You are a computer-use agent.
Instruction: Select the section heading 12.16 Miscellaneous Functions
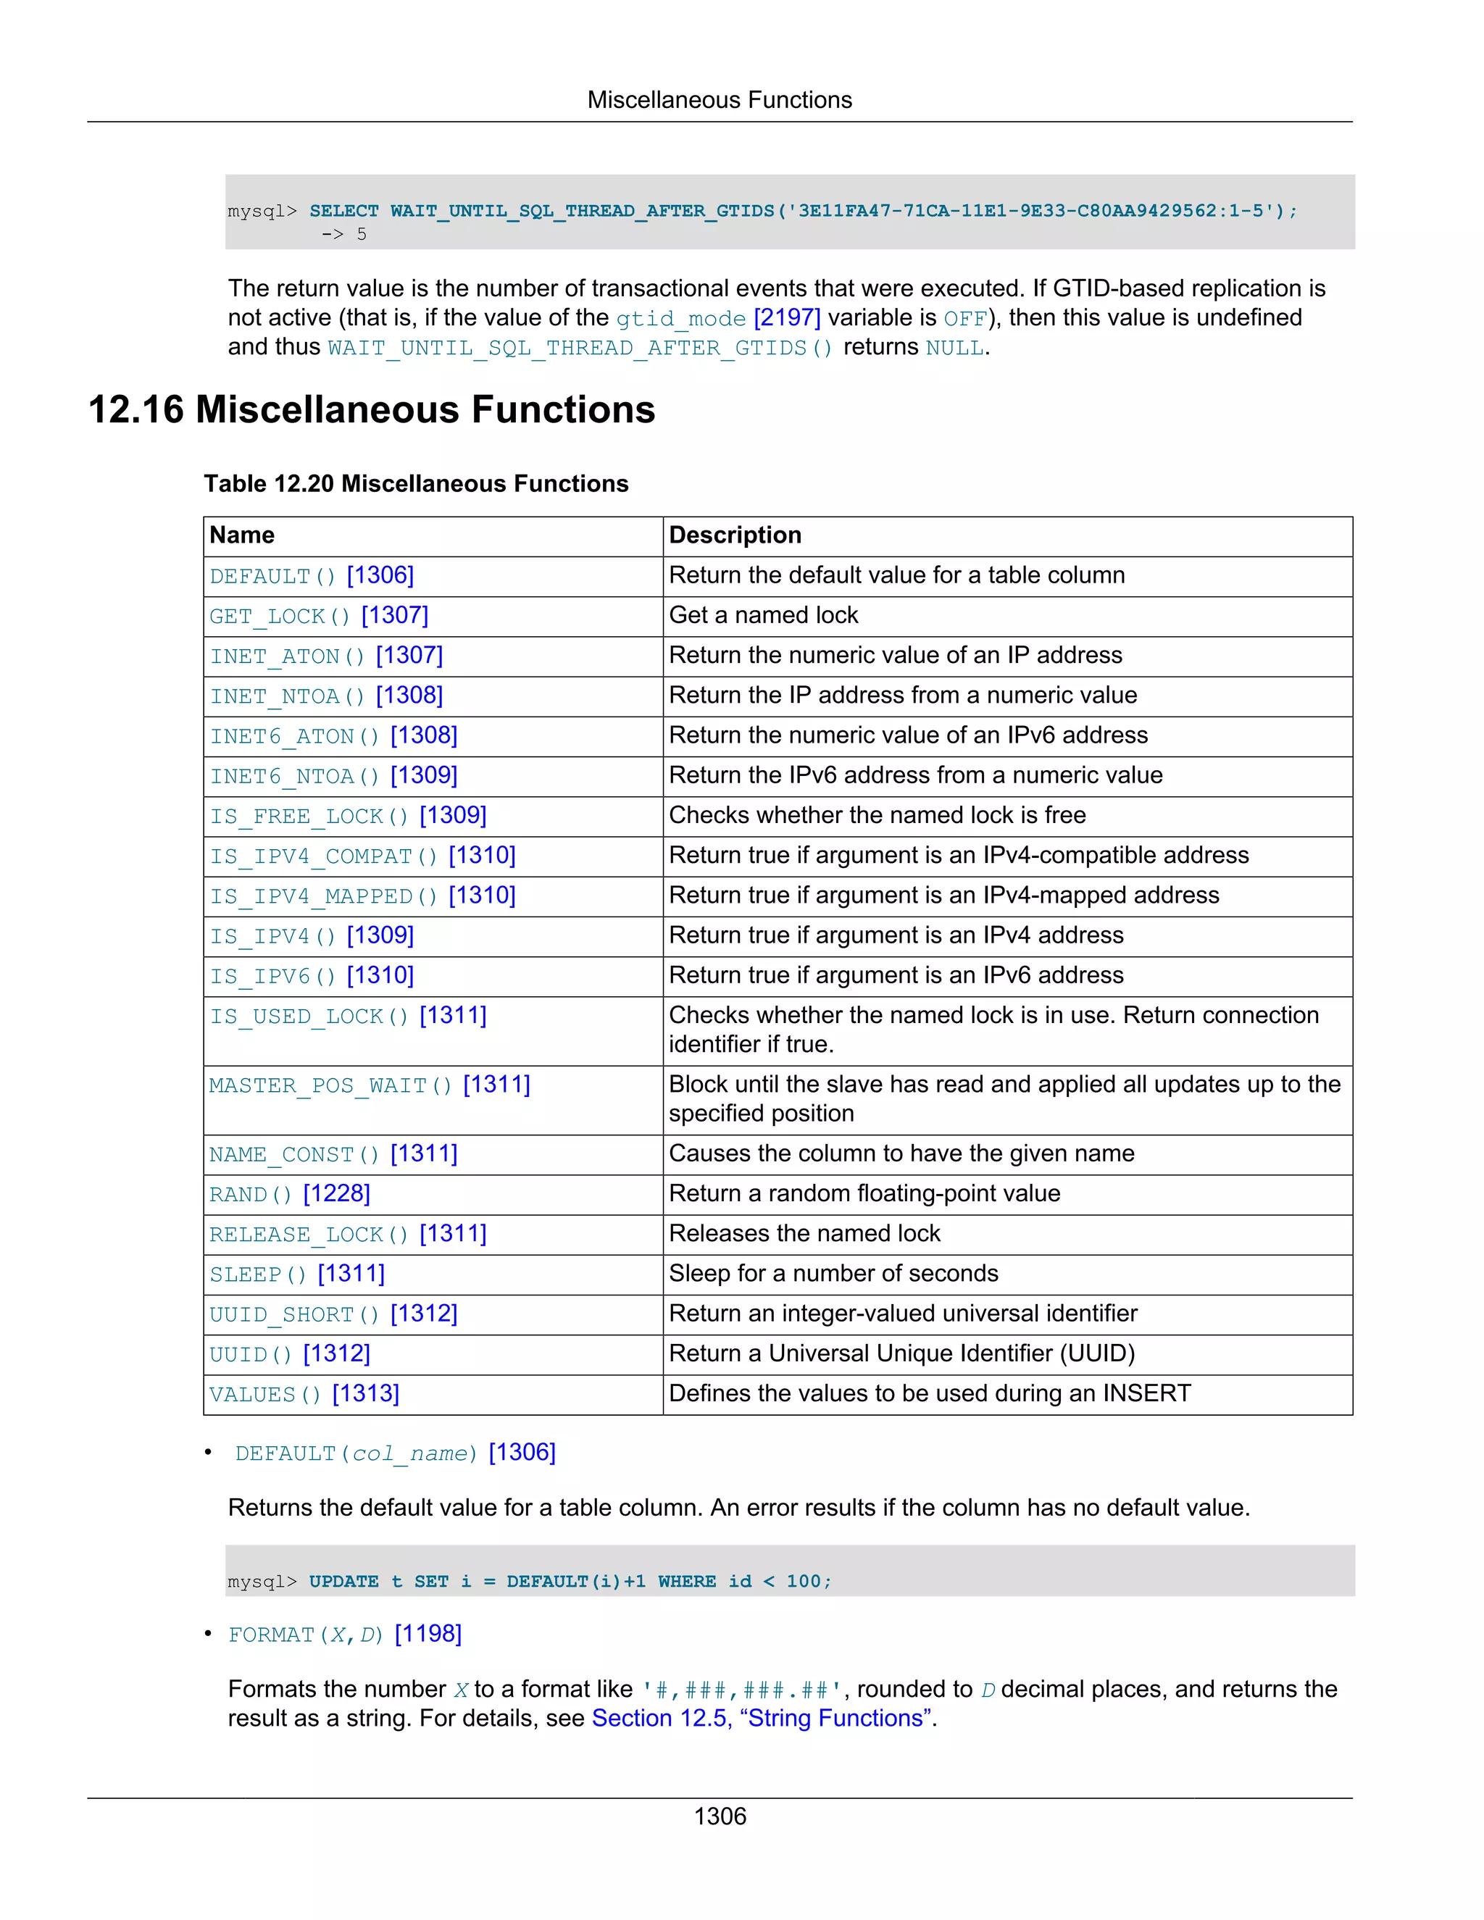[x=372, y=409]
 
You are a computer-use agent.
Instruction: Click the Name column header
[x=242, y=535]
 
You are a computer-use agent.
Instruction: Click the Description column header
[x=735, y=535]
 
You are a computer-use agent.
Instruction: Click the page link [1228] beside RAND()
[x=337, y=1194]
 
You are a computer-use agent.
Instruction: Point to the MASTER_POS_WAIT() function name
[x=330, y=1086]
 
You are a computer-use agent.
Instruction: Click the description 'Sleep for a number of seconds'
[x=833, y=1274]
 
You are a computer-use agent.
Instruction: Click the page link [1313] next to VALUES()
[x=366, y=1394]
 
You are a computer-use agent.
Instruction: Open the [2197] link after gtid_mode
[x=787, y=317]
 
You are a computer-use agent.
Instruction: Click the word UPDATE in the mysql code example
[x=343, y=1582]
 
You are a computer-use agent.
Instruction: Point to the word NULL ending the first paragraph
[x=955, y=348]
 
